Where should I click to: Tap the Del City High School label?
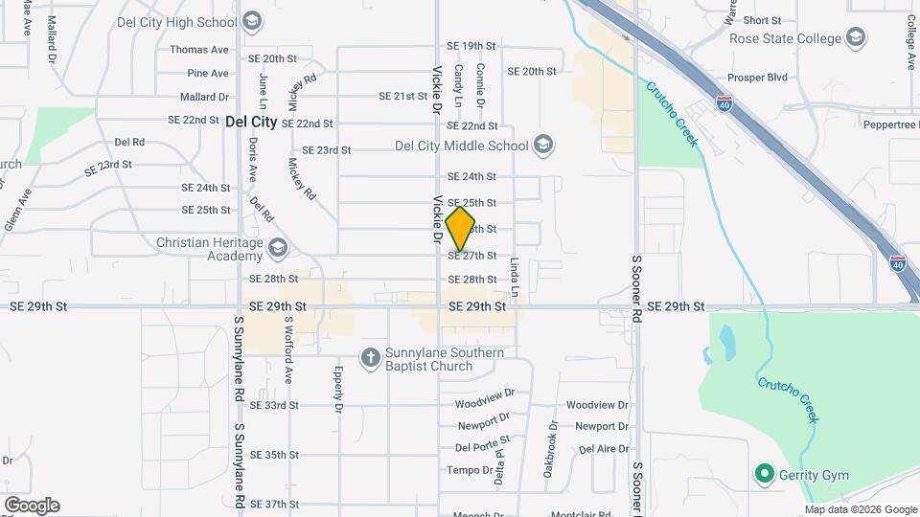tap(191, 22)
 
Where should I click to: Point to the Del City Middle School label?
tap(462, 146)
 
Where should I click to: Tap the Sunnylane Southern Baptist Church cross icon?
tap(371, 358)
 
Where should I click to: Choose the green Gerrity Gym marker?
tap(765, 474)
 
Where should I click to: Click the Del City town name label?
tap(250, 122)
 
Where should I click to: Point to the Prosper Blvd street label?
tap(757, 77)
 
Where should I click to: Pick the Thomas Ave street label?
tap(199, 50)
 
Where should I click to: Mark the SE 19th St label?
tap(471, 46)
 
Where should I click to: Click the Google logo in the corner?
tap(32, 506)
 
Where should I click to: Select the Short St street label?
tap(763, 20)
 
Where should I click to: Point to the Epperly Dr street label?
tap(339, 391)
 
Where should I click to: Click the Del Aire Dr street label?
tap(602, 448)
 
